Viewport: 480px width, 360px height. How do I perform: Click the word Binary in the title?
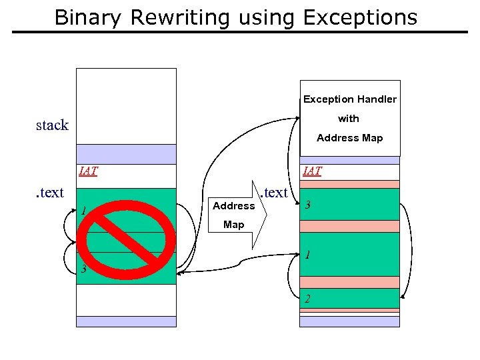point(89,17)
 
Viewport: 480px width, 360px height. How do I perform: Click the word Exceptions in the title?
point(360,17)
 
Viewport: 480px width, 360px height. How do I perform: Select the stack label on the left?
point(52,125)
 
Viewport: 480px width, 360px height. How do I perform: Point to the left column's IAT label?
point(88,171)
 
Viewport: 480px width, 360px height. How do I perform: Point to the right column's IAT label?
point(312,171)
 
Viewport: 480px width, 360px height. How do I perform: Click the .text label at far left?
point(49,193)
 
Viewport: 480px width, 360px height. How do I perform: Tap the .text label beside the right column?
point(274,193)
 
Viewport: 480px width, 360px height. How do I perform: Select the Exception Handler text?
point(350,99)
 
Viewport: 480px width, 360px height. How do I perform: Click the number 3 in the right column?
point(308,205)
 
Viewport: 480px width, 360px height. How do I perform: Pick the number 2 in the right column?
point(307,299)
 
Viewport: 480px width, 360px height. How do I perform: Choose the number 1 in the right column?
point(307,255)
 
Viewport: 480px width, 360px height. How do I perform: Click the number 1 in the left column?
point(83,212)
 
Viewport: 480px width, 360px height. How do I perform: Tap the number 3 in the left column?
point(83,270)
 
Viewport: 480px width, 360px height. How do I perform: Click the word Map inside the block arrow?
point(233,225)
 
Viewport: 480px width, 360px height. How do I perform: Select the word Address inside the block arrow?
point(233,206)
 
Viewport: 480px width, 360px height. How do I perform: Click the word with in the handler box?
point(349,119)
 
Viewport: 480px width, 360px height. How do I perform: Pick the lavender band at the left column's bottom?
point(126,321)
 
